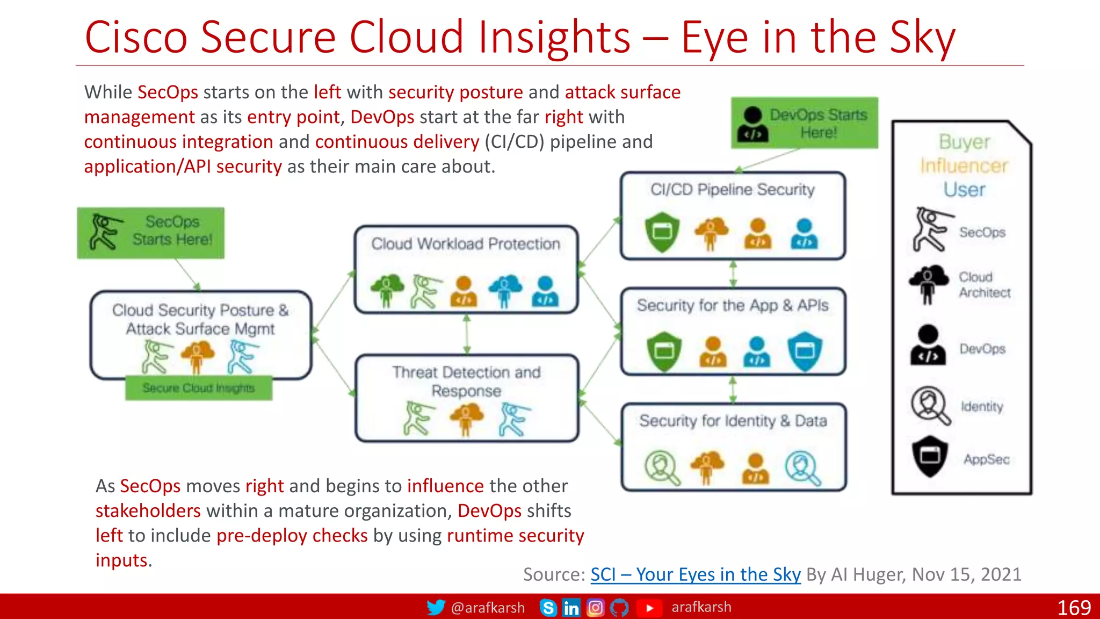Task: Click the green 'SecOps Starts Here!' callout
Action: pyautogui.click(x=151, y=233)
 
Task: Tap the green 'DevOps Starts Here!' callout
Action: pyautogui.click(x=804, y=123)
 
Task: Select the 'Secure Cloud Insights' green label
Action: pyautogui.click(x=199, y=388)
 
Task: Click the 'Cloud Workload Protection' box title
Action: pyautogui.click(x=466, y=244)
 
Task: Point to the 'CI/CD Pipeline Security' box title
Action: pyautogui.click(x=733, y=190)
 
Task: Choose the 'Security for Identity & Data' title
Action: pyautogui.click(x=733, y=421)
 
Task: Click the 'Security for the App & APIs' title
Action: pyautogui.click(x=733, y=306)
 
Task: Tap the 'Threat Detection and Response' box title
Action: pyautogui.click(x=466, y=382)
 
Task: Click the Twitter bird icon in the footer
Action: pyautogui.click(x=436, y=607)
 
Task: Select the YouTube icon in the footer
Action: pyautogui.click(x=649, y=608)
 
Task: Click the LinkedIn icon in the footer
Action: pyautogui.click(x=571, y=608)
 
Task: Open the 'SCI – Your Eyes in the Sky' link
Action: pyautogui.click(x=696, y=574)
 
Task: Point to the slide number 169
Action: pyautogui.click(x=1074, y=608)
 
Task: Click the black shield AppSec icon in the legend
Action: pyautogui.click(x=930, y=456)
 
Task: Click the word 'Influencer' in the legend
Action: pyautogui.click(x=964, y=166)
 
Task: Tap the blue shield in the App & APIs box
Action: pyautogui.click(x=805, y=351)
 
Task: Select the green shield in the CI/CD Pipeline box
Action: pyautogui.click(x=662, y=232)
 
